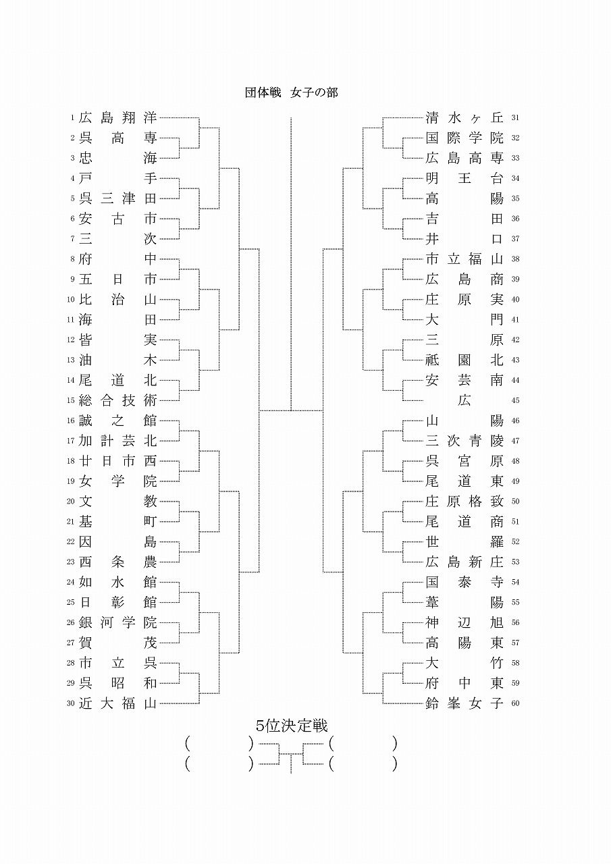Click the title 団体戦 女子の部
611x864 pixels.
click(x=291, y=92)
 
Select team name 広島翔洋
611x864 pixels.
click(x=117, y=117)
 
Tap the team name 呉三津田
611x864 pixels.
click(x=117, y=198)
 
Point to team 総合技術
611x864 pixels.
click(x=117, y=400)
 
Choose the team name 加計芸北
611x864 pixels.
click(x=117, y=441)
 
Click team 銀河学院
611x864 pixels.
click(x=117, y=622)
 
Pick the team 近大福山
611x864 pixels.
click(x=117, y=703)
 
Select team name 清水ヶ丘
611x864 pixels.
click(x=464, y=117)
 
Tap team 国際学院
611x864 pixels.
click(x=464, y=138)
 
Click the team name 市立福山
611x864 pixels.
click(x=464, y=259)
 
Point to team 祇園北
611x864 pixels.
click(x=464, y=360)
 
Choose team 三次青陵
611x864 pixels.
click(x=464, y=441)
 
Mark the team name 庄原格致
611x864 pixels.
click(x=464, y=502)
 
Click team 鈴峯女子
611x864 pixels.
click(x=464, y=703)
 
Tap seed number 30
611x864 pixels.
click(x=70, y=703)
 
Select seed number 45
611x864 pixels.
click(x=516, y=400)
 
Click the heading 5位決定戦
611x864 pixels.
click(x=292, y=726)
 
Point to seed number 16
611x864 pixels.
click(x=70, y=421)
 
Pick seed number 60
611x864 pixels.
click(x=516, y=703)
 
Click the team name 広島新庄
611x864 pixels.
click(x=464, y=562)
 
